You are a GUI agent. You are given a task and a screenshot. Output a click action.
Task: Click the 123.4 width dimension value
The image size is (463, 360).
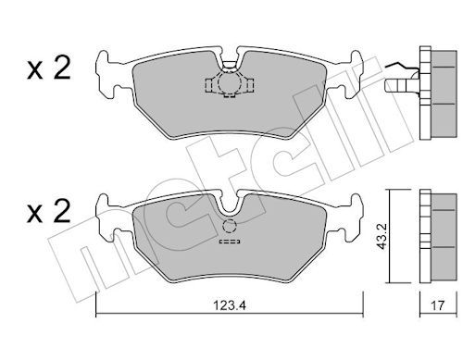pos(230,305)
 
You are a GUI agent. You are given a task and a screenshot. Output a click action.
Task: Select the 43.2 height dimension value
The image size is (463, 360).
pos(382,237)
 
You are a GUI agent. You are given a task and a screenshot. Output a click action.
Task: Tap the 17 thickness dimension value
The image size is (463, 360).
pos(438,305)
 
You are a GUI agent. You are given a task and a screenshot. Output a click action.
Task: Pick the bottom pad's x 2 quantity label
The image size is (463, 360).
pos(49,211)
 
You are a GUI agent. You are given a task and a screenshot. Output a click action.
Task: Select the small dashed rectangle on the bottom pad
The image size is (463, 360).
pos(230,242)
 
